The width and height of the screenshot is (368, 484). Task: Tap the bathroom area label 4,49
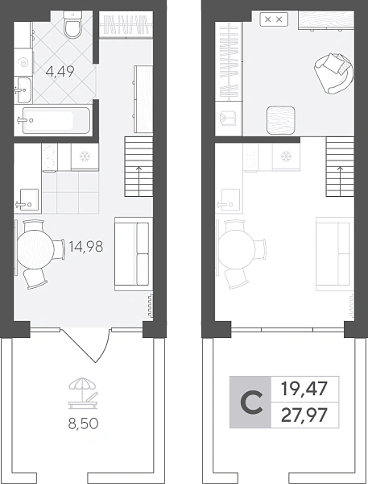coord(60,72)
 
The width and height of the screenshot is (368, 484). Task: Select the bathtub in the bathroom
coord(56,120)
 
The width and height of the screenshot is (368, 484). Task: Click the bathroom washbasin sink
coord(23,90)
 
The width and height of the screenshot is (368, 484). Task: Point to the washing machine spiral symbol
coord(23,63)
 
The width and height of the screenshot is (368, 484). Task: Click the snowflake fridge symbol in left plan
coord(84,156)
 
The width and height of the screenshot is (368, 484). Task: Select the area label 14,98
coord(86,247)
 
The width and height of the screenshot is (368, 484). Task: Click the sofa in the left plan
coord(134,254)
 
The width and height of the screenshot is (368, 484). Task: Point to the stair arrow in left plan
coord(139,181)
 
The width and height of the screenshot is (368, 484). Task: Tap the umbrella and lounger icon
coord(83,394)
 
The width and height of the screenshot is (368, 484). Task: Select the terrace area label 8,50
coord(83,423)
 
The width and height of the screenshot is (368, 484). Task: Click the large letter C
coord(252,403)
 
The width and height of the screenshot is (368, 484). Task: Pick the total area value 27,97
coord(304,415)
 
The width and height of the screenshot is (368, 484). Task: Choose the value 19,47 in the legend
coord(304,389)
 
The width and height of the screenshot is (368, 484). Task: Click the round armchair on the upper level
coord(333,73)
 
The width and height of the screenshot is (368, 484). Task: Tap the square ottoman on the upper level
coord(280,120)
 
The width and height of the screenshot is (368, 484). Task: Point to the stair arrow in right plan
coord(341,181)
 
